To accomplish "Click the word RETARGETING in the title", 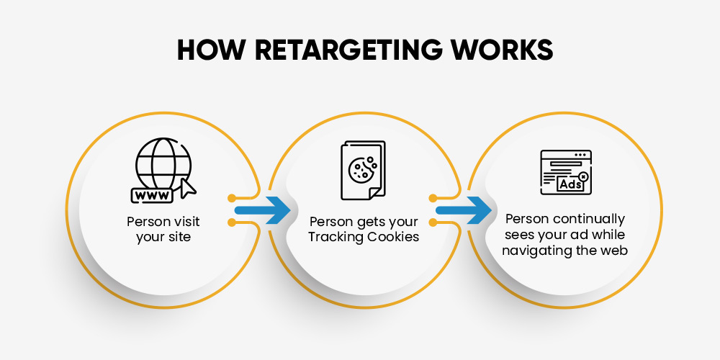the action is point(343,50).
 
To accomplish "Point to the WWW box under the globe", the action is point(152,195).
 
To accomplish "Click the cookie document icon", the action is point(363,171).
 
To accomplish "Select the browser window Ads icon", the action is point(566,172).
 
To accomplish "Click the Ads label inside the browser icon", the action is point(570,184).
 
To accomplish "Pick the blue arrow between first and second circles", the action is point(263,210).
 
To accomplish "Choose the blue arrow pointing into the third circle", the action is point(464,210).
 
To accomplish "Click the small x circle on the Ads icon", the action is point(583,176).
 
